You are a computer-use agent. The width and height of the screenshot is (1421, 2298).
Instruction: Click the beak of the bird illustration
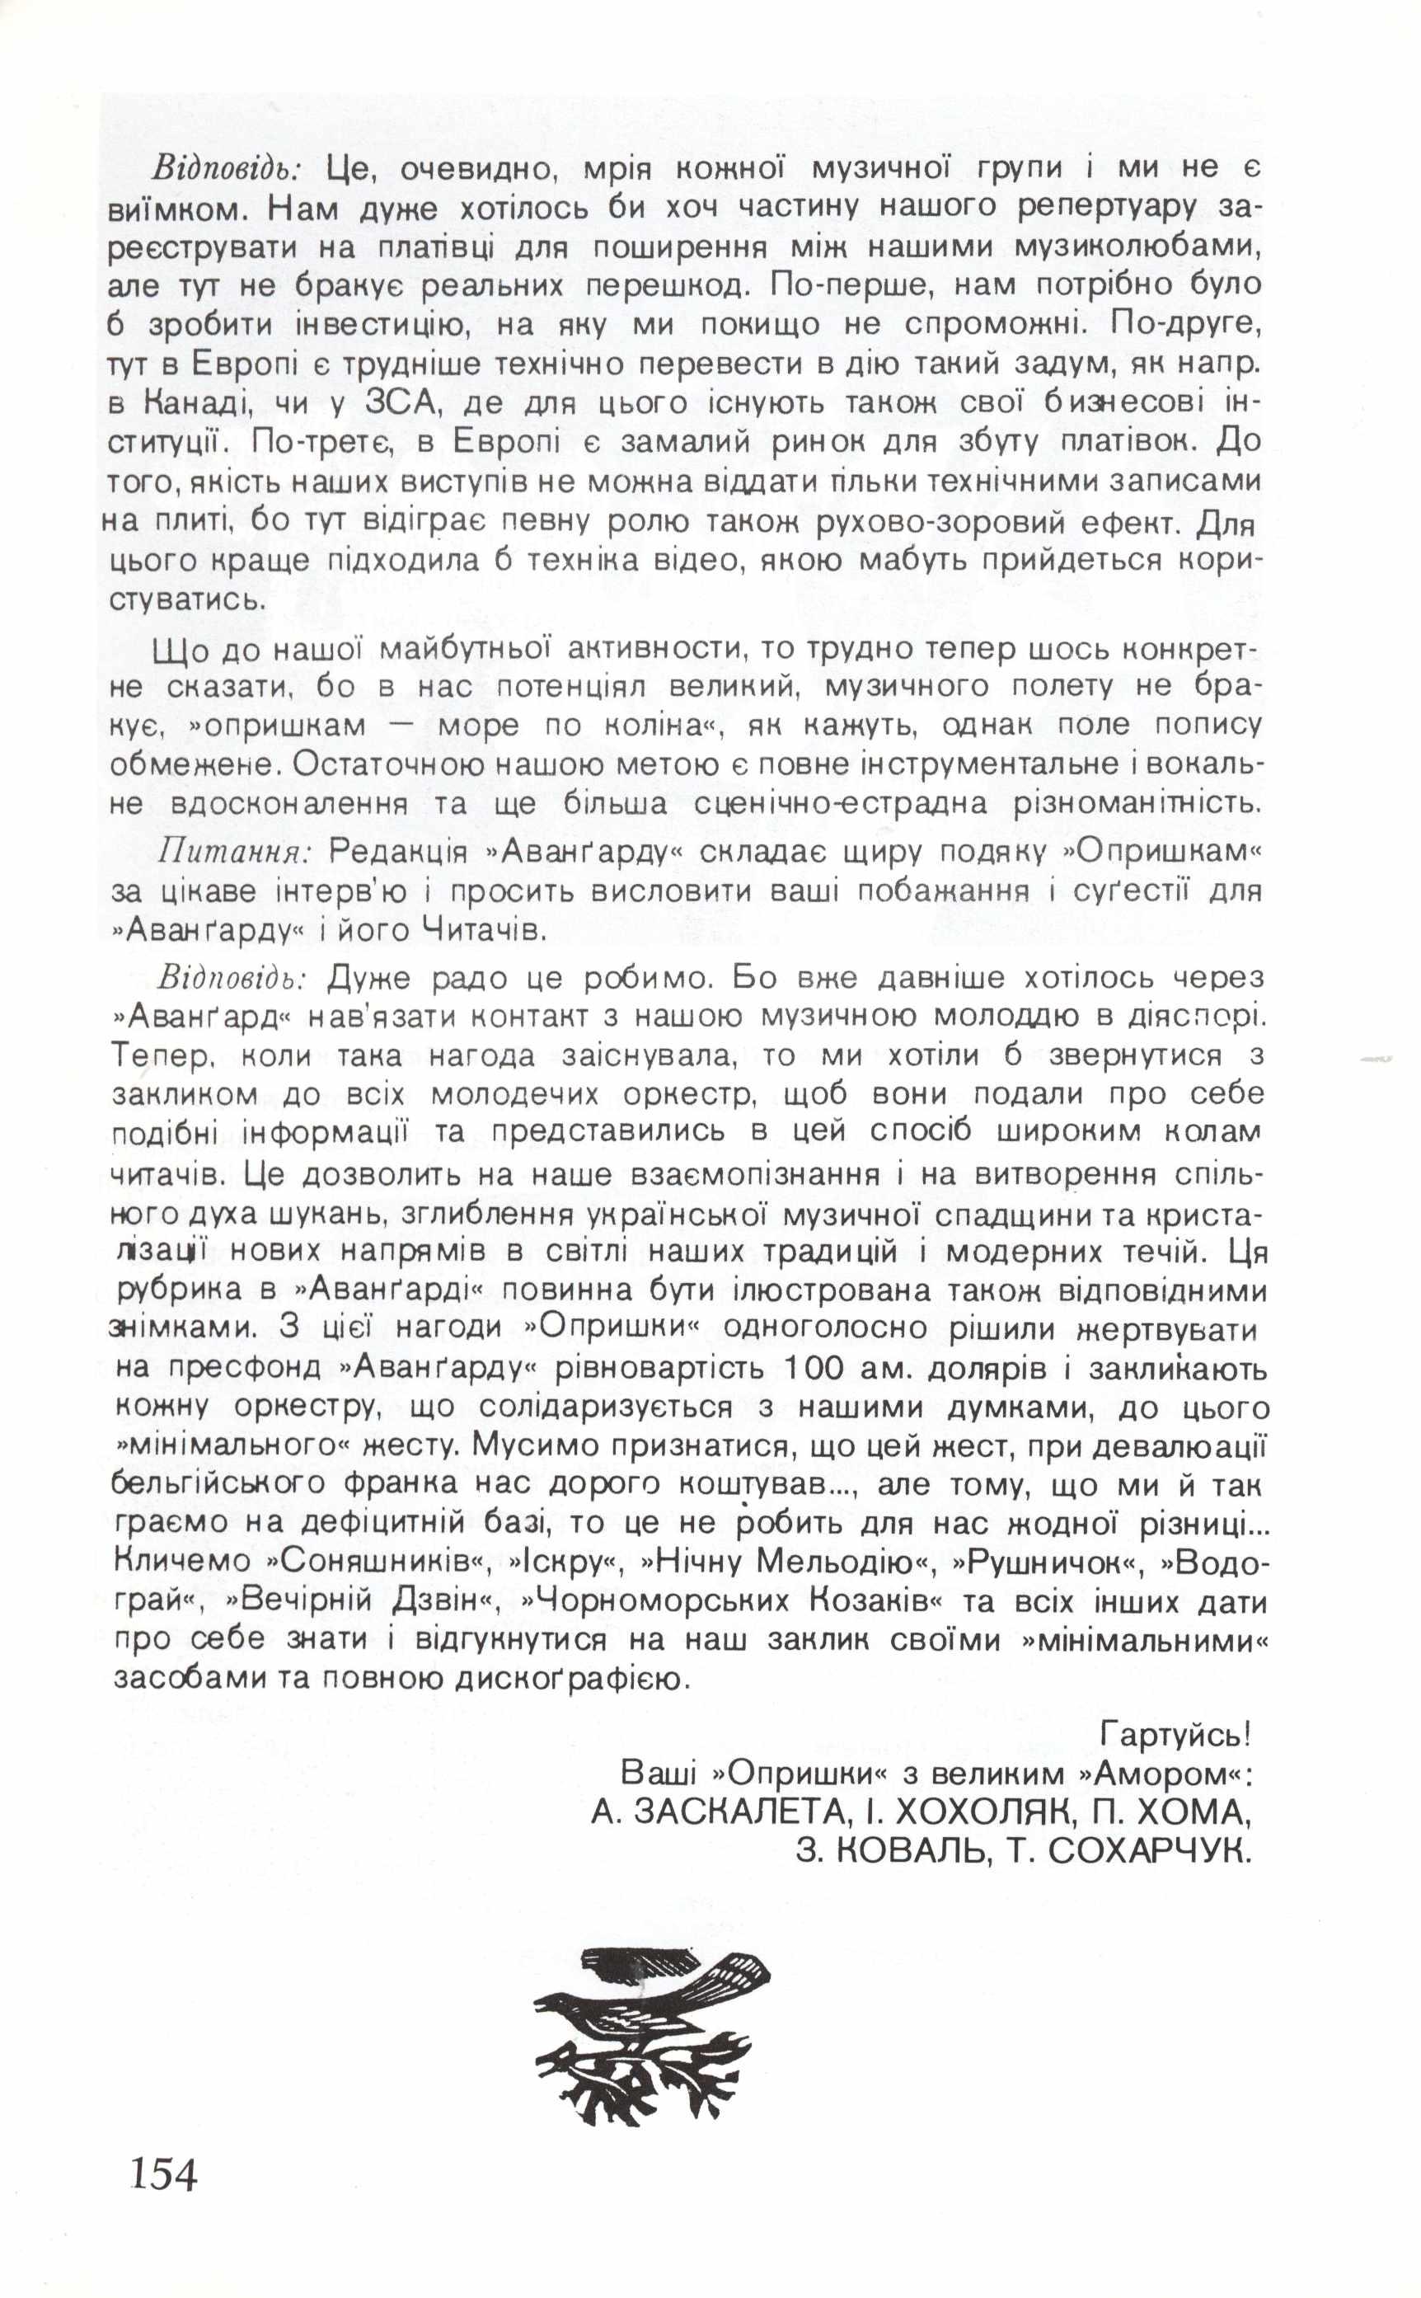[542, 2007]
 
